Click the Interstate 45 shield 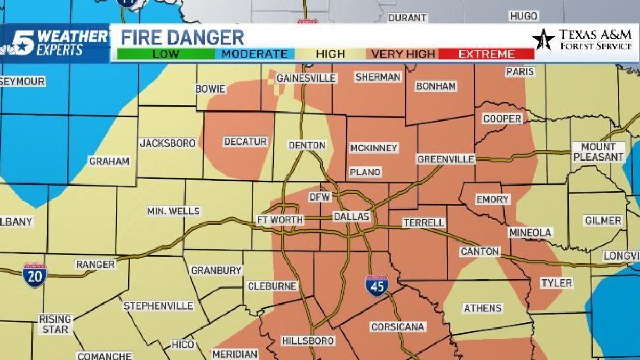377,285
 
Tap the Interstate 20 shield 35,275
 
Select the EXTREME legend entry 486,54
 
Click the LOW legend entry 166,54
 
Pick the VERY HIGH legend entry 403,54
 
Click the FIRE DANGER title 182,37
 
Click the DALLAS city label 351,217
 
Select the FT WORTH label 280,220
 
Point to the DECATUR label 245,141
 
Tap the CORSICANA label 397,326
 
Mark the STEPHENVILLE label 158,306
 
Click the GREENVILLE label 446,159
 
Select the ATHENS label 482,308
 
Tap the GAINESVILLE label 306,78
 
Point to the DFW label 321,197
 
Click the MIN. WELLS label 173,211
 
